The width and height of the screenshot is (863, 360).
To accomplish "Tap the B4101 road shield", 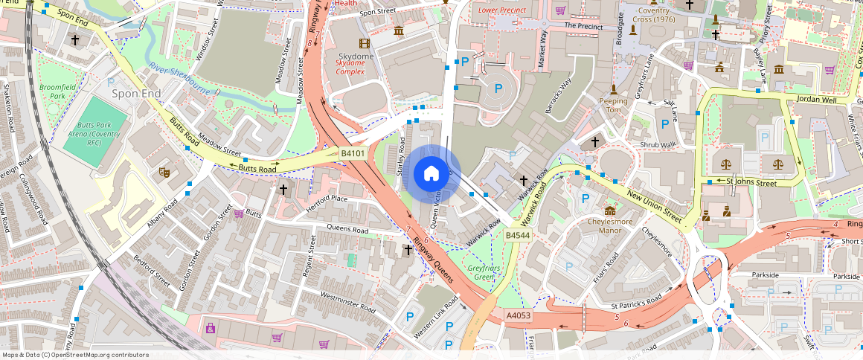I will pyautogui.click(x=353, y=153).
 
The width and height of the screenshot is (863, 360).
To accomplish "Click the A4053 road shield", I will pyautogui.click(x=518, y=315).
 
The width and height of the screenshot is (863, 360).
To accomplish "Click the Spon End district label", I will pyautogui.click(x=136, y=94).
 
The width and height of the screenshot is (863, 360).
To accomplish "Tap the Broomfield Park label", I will pyautogui.click(x=53, y=92).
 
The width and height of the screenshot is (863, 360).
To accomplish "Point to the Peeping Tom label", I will pyautogui.click(x=614, y=105).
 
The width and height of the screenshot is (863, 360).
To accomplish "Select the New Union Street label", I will pyautogui.click(x=655, y=207).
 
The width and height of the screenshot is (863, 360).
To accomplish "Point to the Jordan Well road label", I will pyautogui.click(x=816, y=99).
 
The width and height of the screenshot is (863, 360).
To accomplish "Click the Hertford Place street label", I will pyautogui.click(x=327, y=199).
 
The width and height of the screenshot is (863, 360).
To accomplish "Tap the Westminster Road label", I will pyautogui.click(x=348, y=300).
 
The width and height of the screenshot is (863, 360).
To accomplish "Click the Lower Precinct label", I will pyautogui.click(x=502, y=10).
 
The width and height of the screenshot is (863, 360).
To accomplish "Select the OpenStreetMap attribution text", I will pyautogui.click(x=75, y=355).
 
